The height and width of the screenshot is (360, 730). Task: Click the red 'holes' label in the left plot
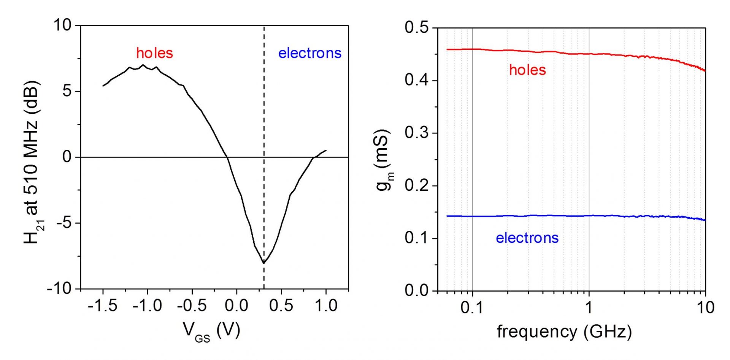click(x=154, y=53)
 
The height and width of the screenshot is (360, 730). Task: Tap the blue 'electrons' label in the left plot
click(x=309, y=53)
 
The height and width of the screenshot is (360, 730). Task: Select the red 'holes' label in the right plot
click(x=527, y=70)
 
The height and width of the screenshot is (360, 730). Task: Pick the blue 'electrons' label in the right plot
click(x=527, y=238)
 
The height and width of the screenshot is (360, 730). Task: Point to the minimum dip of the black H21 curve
click(x=263, y=263)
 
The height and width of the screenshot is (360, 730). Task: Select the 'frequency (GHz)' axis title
click(x=564, y=331)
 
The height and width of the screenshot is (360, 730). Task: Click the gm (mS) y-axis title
click(x=384, y=160)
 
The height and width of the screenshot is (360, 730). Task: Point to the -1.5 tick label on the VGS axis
click(x=103, y=306)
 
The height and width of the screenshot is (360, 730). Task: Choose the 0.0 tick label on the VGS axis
click(x=236, y=306)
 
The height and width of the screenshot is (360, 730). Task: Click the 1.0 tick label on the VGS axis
click(x=326, y=306)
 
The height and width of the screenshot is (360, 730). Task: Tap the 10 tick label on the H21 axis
click(x=62, y=25)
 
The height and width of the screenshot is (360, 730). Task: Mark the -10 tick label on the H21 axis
click(x=59, y=289)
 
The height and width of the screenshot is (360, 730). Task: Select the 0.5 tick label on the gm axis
click(x=416, y=28)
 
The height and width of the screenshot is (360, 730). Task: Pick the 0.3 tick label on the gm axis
click(x=416, y=133)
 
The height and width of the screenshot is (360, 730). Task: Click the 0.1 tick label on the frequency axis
click(x=472, y=308)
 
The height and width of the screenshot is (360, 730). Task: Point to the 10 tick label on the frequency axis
click(x=705, y=308)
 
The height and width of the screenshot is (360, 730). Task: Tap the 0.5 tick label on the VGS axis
click(x=281, y=306)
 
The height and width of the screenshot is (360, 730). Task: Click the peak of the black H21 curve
click(x=143, y=65)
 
